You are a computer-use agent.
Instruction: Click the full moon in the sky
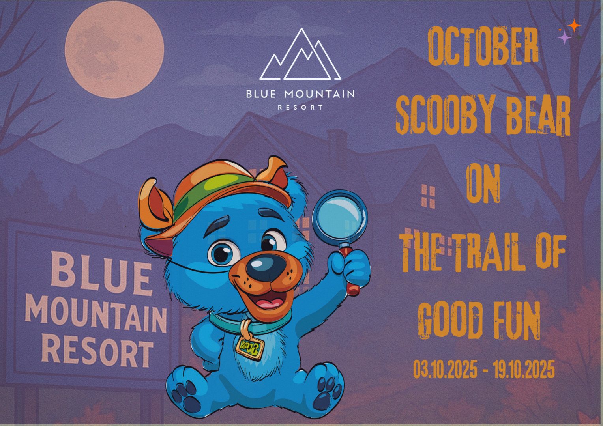114,49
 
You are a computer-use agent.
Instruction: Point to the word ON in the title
483,183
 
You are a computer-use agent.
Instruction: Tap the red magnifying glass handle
350,272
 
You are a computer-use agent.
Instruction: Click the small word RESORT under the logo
300,107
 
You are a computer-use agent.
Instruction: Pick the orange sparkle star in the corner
574,25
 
